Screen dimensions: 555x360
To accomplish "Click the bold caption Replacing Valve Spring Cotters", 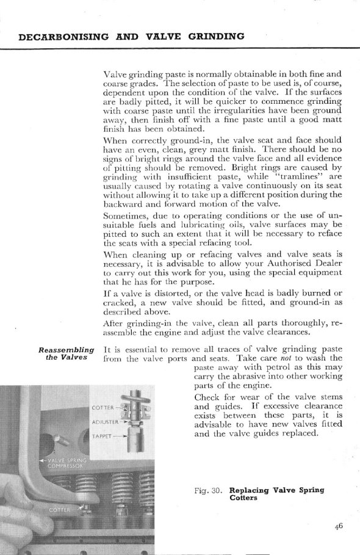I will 276,494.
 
